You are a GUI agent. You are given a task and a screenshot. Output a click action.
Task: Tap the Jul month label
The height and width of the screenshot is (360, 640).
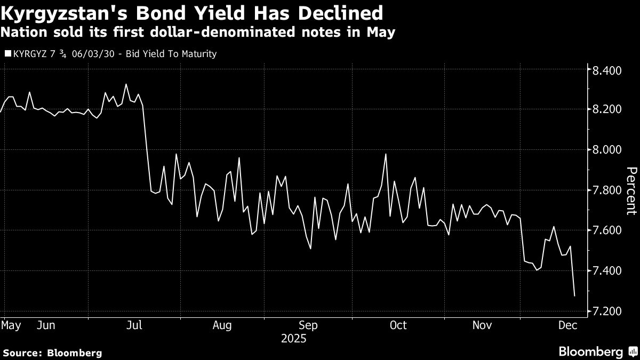(x=134, y=325)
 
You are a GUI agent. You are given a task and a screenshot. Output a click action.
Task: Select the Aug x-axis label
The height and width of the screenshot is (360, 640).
(x=221, y=325)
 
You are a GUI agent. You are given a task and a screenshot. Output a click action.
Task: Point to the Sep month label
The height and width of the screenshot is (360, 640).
(x=309, y=325)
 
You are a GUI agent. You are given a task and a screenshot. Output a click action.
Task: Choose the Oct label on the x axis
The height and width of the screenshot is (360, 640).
(x=398, y=325)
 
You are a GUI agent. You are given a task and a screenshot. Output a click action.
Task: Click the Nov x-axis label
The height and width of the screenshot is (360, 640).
(x=482, y=325)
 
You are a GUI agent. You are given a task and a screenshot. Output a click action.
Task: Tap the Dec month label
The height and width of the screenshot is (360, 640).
(x=566, y=325)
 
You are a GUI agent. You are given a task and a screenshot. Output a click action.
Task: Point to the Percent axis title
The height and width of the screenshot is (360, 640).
(x=631, y=190)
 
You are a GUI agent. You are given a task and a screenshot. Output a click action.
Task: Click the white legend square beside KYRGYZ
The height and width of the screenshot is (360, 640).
(x=7, y=54)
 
